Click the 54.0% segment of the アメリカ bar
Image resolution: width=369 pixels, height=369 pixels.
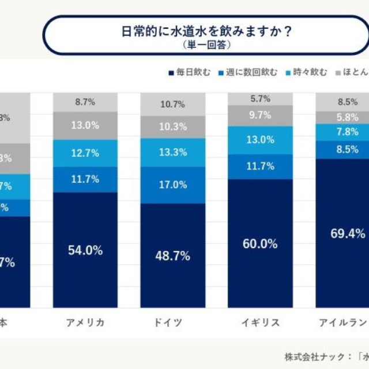coord(85,250)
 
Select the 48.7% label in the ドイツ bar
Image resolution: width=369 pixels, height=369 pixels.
coord(173,256)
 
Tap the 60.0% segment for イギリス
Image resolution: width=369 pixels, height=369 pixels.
coord(260,243)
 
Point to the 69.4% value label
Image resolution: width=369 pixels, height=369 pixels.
coord(347,234)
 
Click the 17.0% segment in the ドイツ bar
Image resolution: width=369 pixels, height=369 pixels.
coord(173,185)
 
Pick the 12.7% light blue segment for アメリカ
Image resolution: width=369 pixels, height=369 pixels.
coord(85,153)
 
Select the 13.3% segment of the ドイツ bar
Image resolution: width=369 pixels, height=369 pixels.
coord(173,152)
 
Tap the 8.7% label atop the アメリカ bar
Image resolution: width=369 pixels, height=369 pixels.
coord(85,101)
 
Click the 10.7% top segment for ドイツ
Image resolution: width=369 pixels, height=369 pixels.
coord(173,104)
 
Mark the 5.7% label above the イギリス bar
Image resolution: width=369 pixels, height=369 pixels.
coord(260,99)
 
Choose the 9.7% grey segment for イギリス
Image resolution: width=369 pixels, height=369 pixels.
coord(260,115)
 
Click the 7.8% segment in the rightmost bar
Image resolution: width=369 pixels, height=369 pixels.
coord(347,132)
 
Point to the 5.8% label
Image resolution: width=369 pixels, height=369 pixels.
coord(347,118)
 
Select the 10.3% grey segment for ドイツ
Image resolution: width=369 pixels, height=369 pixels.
coord(173,126)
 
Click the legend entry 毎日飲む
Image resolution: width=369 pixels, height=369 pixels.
coord(189,73)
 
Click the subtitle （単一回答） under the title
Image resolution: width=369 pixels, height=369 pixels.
coord(207,44)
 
